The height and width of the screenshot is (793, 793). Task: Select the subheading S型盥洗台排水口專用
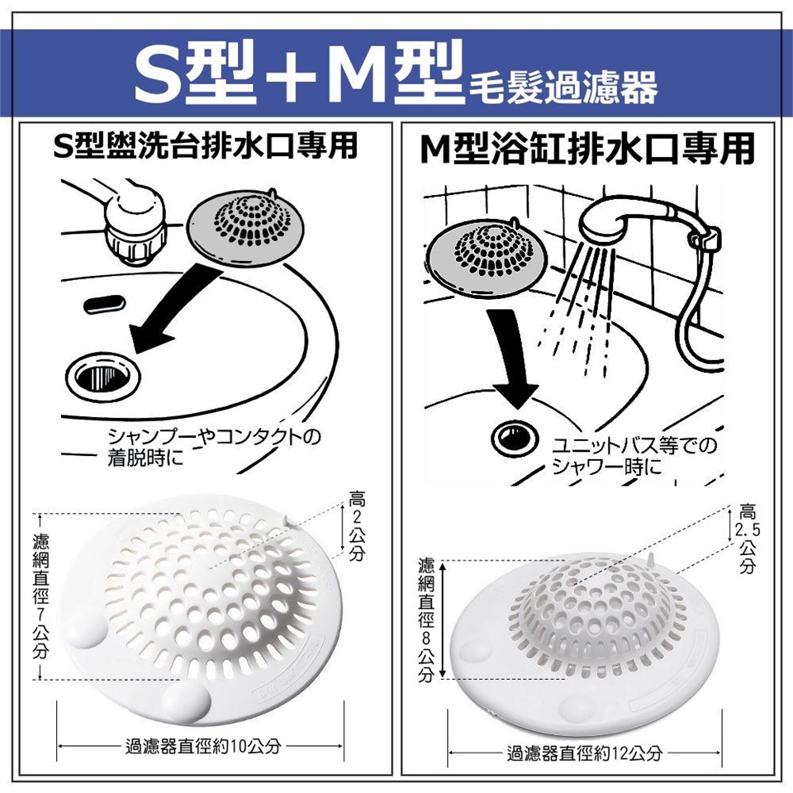[x=206, y=145]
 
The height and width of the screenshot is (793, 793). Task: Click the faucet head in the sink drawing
[x=132, y=226]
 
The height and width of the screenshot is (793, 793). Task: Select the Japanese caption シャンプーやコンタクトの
[x=215, y=437]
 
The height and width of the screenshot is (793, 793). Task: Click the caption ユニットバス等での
[x=634, y=446]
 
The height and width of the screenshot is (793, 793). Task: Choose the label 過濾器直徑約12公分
[x=584, y=753]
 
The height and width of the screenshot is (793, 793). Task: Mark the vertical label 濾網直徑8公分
[x=426, y=620]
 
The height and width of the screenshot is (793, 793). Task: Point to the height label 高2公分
[x=357, y=526]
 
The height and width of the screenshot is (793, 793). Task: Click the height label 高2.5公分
[x=748, y=539]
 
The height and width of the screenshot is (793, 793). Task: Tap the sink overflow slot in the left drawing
[x=105, y=305]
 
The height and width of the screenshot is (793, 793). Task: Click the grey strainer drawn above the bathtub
[x=487, y=256]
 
